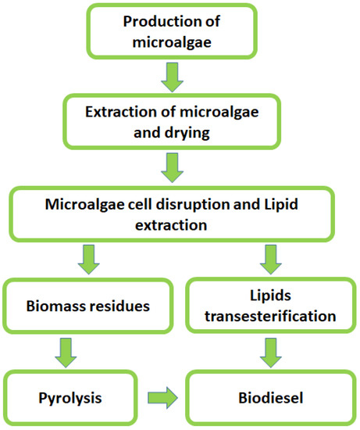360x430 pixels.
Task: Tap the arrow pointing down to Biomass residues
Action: click(x=89, y=258)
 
